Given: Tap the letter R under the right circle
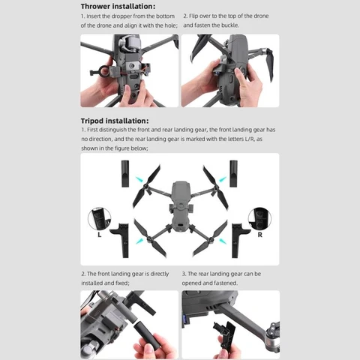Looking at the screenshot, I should pyautogui.click(x=259, y=234).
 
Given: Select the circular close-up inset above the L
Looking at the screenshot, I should pyautogui.click(x=100, y=220).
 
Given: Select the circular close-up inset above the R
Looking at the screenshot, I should pyautogui.click(x=259, y=220).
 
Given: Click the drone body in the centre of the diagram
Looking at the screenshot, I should pyautogui.click(x=180, y=206).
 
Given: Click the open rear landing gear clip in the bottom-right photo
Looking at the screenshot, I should pyautogui.click(x=223, y=330).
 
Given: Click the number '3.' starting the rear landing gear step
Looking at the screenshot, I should pyautogui.click(x=184, y=274).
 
